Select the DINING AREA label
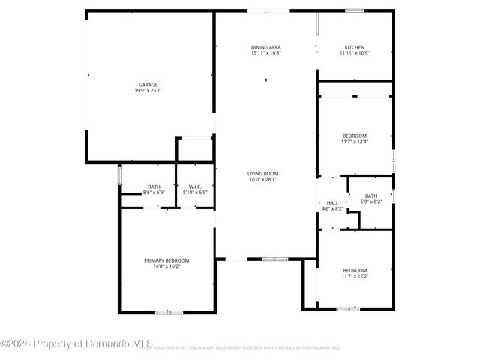point(265,47)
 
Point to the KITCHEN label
point(355,47)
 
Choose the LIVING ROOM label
point(262,173)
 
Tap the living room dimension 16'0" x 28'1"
point(262,180)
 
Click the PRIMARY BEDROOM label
point(166,260)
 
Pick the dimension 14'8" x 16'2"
point(166,266)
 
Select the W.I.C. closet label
point(194,187)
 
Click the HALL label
point(332,202)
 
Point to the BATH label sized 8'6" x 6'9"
point(154,187)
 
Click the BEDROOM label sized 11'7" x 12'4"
point(355,135)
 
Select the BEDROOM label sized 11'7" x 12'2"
point(355,270)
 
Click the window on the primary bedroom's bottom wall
point(164,312)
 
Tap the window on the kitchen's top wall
point(355,10)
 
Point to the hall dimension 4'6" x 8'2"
point(332,209)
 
